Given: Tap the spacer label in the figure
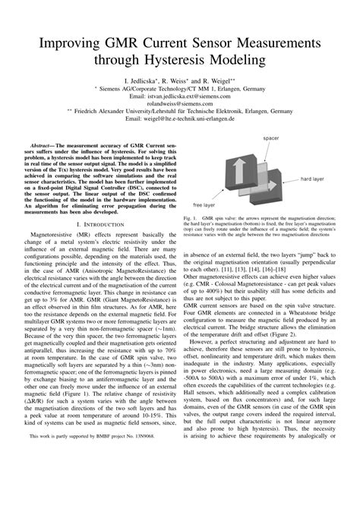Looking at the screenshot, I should click(271, 139).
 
